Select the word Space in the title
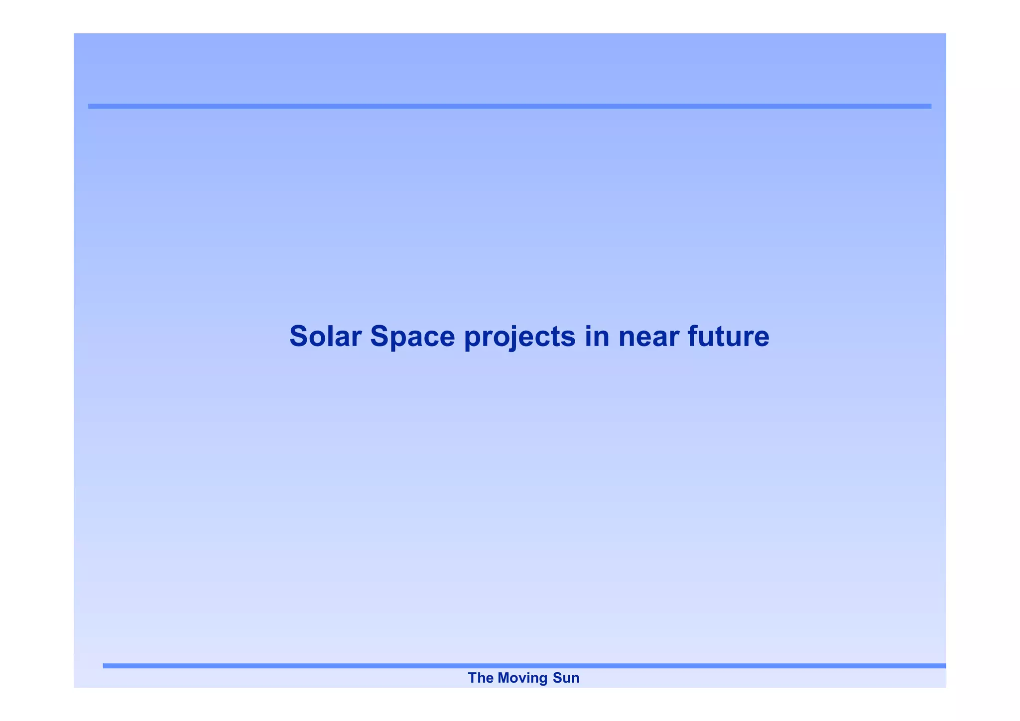click(412, 336)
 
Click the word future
click(728, 336)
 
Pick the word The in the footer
click(480, 678)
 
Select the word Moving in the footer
click(522, 678)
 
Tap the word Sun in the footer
click(566, 678)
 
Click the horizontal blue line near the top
click(510, 106)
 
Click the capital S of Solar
click(299, 336)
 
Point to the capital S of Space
click(380, 336)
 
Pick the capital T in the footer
click(472, 678)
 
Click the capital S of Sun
click(557, 678)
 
